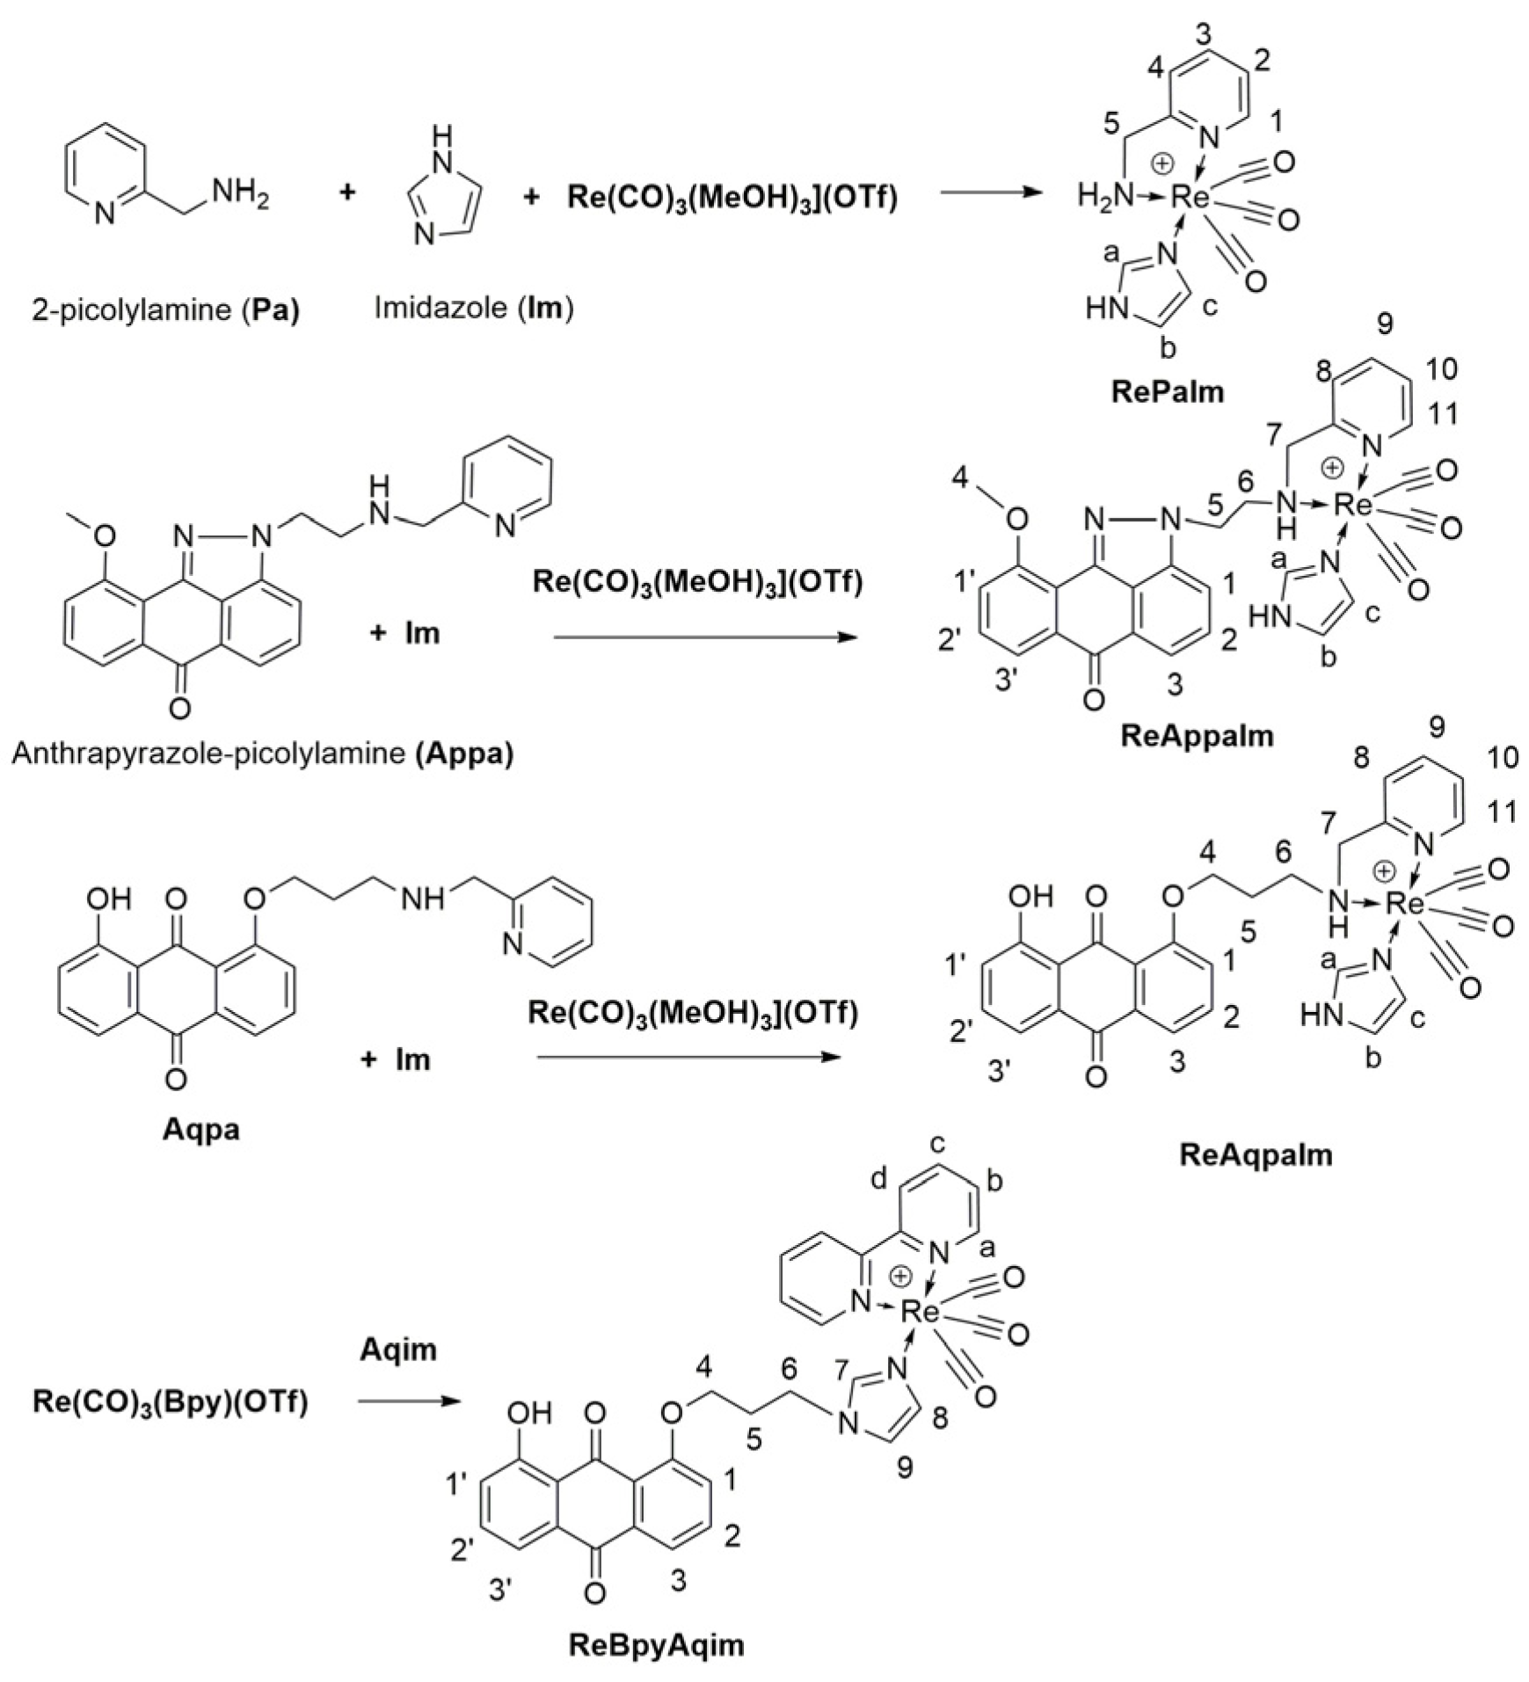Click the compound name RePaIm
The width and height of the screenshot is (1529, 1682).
pos(1167,391)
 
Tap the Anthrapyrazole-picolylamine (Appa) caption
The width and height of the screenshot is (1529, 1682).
pos(262,754)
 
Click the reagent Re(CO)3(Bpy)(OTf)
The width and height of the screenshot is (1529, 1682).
pos(171,1402)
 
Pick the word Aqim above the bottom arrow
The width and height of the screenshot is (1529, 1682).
pos(397,1349)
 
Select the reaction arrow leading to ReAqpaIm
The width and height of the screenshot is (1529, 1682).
pos(684,1058)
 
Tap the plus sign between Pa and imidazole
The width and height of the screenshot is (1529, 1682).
pos(348,193)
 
